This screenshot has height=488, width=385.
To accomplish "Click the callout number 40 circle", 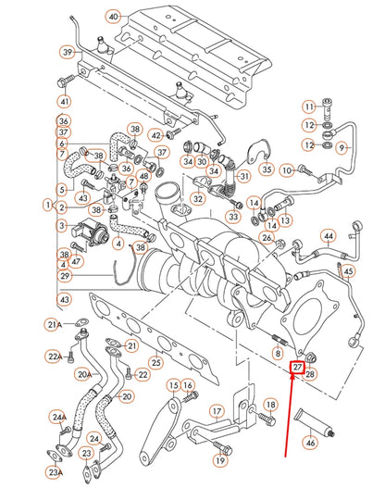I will coord(114,18).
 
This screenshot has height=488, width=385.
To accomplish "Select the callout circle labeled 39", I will coord(68,52).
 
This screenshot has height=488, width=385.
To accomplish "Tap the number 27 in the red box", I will coord(298,368).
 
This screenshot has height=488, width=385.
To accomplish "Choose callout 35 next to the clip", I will coord(267,169).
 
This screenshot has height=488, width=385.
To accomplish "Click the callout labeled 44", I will coord(328,236).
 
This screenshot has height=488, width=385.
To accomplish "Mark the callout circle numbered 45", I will coord(348,271).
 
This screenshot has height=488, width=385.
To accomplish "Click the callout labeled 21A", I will coord(55,324).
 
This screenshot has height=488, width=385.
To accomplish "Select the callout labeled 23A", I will coord(55,472).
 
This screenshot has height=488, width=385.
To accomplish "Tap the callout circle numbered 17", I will coord(216,411).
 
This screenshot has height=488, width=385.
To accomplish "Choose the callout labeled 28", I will coord(311,374).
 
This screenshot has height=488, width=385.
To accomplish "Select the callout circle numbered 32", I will coord(198,198).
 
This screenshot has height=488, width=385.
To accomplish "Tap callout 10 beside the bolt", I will coord(286,169).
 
